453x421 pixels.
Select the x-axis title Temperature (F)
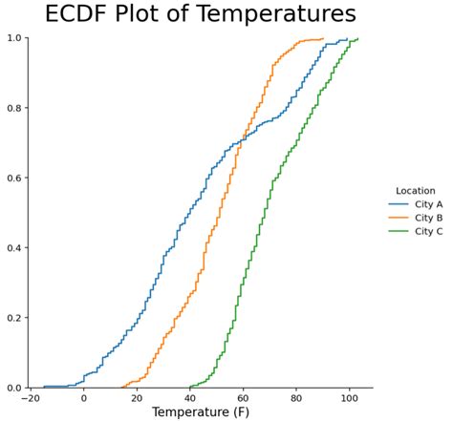point(202,412)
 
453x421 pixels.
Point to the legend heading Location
point(416,191)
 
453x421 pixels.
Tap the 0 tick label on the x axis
point(84,397)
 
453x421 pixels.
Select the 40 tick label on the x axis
point(190,397)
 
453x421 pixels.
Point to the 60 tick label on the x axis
point(244,397)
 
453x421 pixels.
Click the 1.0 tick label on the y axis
point(13,38)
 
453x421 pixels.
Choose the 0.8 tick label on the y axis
point(13,108)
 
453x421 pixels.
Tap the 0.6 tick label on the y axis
point(13,179)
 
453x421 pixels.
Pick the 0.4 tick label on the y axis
point(13,248)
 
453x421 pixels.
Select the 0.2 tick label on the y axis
point(13,318)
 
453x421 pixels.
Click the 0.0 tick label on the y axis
point(13,388)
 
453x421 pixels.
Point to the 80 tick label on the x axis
point(296,397)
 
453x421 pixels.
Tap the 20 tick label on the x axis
point(137,397)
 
